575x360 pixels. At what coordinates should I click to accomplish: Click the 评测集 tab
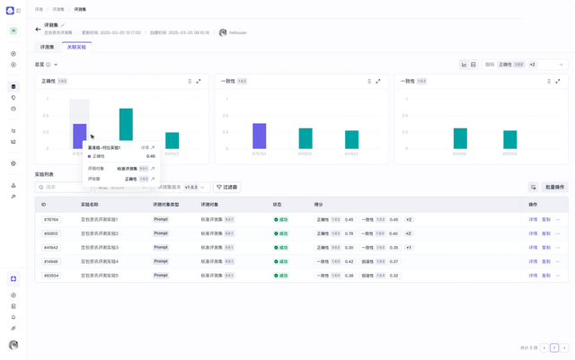point(48,47)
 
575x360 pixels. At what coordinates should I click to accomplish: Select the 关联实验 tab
point(76,47)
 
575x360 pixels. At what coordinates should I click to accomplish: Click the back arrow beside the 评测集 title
point(39,29)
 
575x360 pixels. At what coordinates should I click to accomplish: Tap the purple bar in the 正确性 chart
point(79,136)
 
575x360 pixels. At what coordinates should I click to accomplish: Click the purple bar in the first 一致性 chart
point(259,136)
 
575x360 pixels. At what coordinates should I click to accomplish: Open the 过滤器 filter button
point(227,187)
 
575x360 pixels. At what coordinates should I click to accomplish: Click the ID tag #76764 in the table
point(50,219)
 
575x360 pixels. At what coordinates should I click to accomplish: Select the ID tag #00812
point(50,233)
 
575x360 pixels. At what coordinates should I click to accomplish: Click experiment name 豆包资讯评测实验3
point(100,247)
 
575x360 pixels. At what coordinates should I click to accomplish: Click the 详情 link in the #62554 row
point(533,276)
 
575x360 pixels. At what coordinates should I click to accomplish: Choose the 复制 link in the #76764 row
point(545,219)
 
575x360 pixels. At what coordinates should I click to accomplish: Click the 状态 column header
point(278,205)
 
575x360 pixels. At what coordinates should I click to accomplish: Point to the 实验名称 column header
point(89,205)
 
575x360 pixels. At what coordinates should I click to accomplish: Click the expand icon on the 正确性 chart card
point(199,81)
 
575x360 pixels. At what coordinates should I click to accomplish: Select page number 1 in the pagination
point(554,347)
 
